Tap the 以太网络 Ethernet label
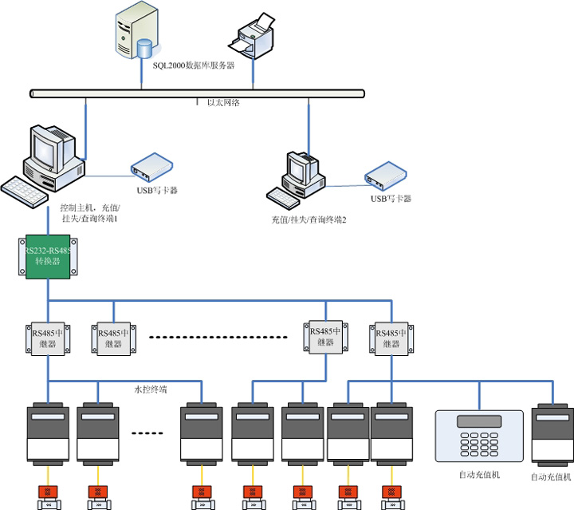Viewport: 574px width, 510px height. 223,102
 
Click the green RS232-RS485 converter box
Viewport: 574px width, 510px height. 49,255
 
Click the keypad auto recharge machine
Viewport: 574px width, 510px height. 479,435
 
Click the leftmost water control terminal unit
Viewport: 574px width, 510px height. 49,435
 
